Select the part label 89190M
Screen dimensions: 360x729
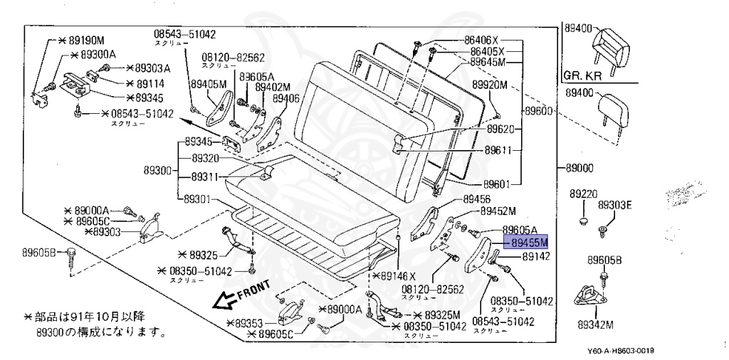click(x=85, y=40)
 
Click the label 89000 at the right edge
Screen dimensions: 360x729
click(x=579, y=169)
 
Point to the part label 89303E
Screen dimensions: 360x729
click(x=614, y=205)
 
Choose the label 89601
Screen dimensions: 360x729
click(x=498, y=184)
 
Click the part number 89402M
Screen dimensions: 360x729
click(x=273, y=87)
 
